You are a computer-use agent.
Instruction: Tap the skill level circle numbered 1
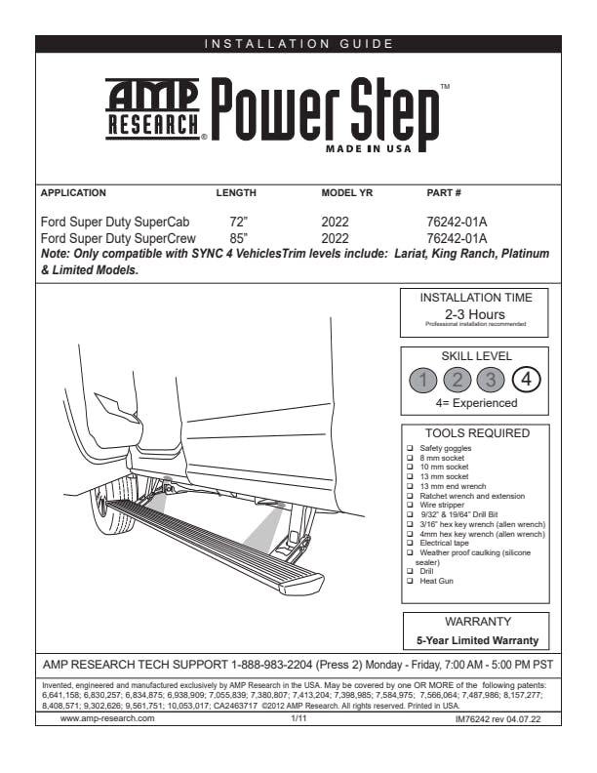[421, 380]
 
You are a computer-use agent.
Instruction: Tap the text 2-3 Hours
[475, 314]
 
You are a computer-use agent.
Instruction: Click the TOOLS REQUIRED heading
[475, 433]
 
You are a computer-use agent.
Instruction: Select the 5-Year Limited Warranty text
[475, 641]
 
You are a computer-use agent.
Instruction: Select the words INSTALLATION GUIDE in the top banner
[298, 43]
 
